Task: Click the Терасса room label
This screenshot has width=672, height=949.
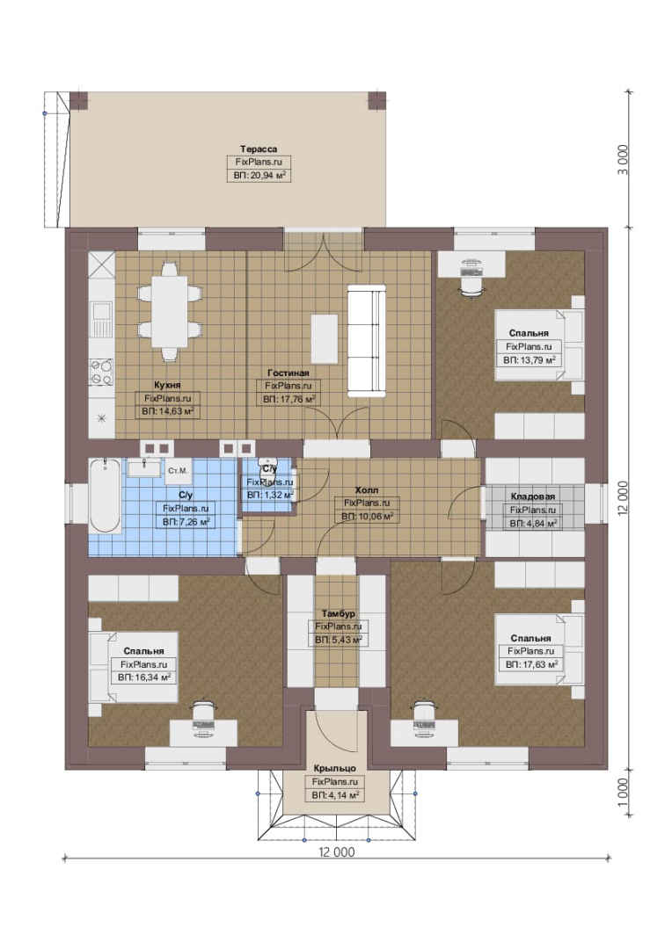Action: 259,149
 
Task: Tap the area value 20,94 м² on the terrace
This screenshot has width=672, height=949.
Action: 259,176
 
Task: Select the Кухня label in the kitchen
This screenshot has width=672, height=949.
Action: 167,385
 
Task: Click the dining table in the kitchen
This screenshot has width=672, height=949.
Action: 170,312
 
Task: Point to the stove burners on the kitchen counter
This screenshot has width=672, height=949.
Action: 101,373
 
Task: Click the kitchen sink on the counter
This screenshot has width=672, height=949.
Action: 101,319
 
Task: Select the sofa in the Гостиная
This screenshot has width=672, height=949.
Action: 367,341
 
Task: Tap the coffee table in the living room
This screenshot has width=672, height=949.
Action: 325,338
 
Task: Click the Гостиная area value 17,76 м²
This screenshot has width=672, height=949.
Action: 289,400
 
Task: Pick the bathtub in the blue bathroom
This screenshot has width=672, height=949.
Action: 104,496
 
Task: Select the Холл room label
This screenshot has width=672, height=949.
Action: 367,490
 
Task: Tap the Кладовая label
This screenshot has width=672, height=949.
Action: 533,496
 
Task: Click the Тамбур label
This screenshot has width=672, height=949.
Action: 338,613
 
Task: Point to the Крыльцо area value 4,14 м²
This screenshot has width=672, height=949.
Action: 335,795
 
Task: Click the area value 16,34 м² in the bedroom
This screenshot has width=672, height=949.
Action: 143,677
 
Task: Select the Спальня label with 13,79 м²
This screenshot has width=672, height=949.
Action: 529,333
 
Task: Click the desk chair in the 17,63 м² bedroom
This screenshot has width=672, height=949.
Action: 427,717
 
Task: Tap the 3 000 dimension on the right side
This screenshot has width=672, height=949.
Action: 624,160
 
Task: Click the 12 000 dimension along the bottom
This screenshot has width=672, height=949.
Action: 336,852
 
